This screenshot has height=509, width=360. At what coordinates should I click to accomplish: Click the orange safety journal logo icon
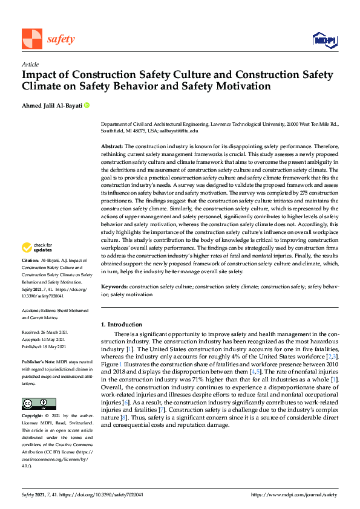pyautogui.click(x=32, y=39)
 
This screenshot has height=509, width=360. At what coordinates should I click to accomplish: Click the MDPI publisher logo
pyautogui.click(x=324, y=40)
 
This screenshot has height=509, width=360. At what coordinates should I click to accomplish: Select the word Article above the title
pyautogui.click(x=30, y=64)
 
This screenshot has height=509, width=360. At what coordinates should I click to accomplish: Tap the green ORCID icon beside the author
pyautogui.click(x=87, y=105)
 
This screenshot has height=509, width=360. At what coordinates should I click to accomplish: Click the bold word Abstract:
pyautogui.click(x=111, y=147)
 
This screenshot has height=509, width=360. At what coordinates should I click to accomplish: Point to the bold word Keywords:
pyautogui.click(x=114, y=287)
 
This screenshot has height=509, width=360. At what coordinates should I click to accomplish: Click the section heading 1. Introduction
pyautogui.click(x=122, y=325)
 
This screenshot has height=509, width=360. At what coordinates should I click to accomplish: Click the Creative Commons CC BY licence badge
pyautogui.click(x=39, y=387)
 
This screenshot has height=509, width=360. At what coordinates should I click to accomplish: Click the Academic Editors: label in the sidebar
pyautogui.click(x=42, y=310)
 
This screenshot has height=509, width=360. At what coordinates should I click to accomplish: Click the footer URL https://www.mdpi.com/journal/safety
pyautogui.click(x=294, y=494)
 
